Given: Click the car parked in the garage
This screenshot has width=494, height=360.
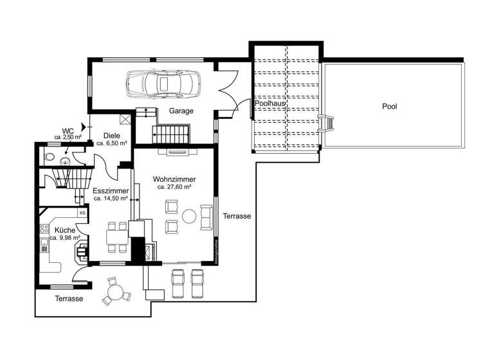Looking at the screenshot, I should (x=163, y=82).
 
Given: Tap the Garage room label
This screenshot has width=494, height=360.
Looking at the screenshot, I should (x=181, y=111).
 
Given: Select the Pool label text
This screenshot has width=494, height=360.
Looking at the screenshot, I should (x=389, y=106).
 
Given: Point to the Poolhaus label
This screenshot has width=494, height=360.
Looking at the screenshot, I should (x=270, y=103).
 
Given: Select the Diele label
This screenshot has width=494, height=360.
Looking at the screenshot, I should (x=112, y=136).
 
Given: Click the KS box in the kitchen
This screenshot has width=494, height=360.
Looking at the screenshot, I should (x=82, y=213).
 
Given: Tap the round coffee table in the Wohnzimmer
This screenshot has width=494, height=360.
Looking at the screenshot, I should (x=190, y=216).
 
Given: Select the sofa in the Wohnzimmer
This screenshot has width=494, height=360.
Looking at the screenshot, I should (x=207, y=217).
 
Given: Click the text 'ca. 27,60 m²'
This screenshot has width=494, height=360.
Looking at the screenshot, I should (x=175, y=187).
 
